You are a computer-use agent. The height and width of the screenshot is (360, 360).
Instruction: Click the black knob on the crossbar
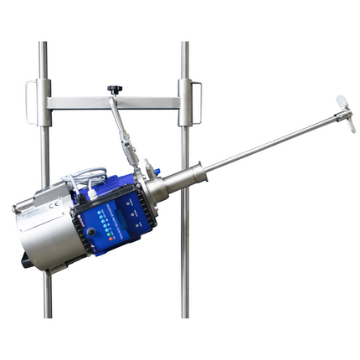coord(114,89)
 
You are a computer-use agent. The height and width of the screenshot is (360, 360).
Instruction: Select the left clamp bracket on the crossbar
coord(39,102)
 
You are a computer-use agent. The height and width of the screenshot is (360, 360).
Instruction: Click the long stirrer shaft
coord(268,142)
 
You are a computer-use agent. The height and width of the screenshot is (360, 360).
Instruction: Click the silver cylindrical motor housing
coord(46,230)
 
